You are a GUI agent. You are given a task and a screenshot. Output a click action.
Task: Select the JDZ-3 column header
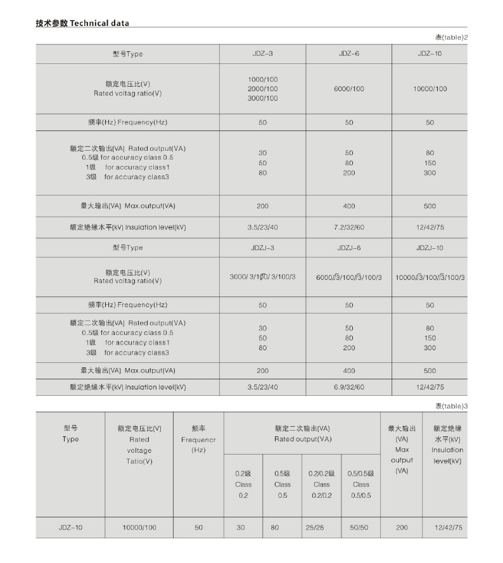262,54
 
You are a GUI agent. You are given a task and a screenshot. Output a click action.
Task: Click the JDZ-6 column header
349,54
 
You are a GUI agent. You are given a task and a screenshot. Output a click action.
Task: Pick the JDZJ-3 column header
262,248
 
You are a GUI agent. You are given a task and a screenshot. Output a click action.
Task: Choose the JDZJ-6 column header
349,248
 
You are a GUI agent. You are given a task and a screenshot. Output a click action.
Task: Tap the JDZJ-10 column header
430,248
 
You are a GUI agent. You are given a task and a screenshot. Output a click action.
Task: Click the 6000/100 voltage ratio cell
349,89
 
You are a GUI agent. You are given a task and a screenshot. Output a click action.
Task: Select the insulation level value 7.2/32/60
349,227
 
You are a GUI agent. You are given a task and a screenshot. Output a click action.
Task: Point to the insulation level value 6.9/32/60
349,386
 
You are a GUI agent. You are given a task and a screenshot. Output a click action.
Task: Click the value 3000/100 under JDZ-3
262,98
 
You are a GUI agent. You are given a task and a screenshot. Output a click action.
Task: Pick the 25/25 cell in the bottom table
321,527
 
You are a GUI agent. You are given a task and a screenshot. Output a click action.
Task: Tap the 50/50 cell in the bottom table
360,527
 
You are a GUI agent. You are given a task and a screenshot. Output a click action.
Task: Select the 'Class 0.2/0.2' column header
321,484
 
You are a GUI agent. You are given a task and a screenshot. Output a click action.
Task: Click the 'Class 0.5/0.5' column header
360,484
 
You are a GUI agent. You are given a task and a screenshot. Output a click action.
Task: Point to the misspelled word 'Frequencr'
198,440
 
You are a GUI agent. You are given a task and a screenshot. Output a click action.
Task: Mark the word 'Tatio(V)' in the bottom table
139,462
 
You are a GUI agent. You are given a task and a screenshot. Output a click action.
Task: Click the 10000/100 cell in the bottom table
139,527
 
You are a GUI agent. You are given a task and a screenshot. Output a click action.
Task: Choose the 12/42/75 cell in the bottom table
448,527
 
